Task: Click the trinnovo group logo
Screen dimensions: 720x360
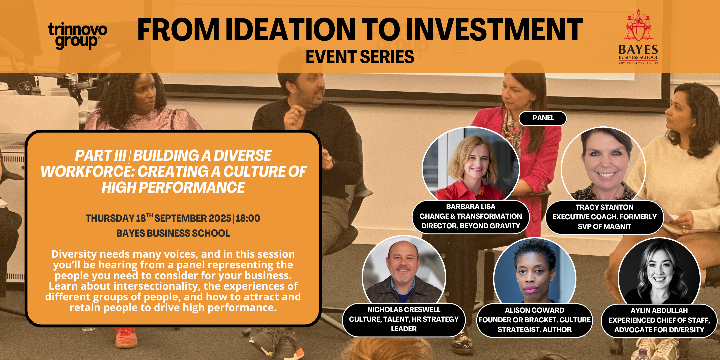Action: click(x=78, y=36)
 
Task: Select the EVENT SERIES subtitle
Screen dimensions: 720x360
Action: click(x=360, y=57)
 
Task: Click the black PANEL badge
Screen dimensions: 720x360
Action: click(x=543, y=118)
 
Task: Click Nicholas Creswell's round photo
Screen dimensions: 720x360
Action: click(x=404, y=270)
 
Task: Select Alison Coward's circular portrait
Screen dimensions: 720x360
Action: click(x=535, y=271)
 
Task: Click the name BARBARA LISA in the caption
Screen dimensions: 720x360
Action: click(x=471, y=207)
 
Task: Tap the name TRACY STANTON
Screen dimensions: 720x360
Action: click(x=604, y=207)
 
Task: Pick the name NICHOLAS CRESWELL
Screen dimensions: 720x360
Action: click(x=404, y=310)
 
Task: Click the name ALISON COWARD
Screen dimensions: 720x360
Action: click(x=535, y=310)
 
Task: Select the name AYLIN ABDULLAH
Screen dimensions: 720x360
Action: click(x=659, y=311)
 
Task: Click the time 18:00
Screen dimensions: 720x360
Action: click(x=248, y=218)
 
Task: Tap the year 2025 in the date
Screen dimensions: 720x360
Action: click(x=220, y=218)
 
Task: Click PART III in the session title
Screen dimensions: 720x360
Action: click(x=100, y=156)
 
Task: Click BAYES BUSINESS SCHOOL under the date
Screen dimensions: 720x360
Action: click(x=173, y=233)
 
